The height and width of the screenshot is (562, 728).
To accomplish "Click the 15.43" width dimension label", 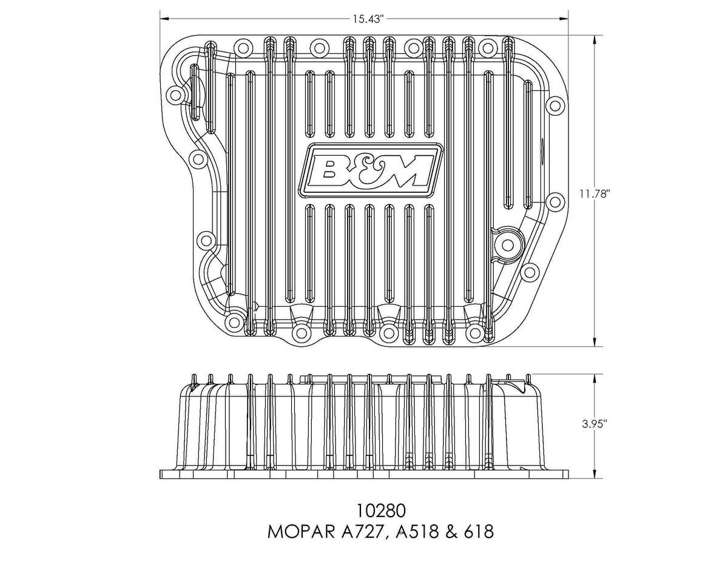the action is pos(367,19).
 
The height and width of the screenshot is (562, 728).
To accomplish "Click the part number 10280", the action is pos(381,512).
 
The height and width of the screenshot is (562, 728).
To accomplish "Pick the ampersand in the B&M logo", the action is pos(361,172).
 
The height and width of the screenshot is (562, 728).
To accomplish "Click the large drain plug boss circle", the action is pos(508,245).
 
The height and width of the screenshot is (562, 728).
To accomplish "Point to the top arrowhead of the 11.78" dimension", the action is pos(595,41).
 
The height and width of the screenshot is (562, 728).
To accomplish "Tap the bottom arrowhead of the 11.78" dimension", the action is pos(595,341).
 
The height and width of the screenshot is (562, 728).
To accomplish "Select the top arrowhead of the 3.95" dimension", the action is pos(595,380).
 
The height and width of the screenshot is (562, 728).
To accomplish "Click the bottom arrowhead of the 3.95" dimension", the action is pos(595,473).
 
